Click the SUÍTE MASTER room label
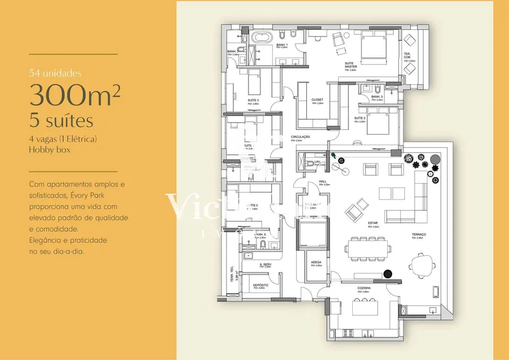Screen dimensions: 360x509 point(350,65)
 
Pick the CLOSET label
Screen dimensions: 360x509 point(317,100)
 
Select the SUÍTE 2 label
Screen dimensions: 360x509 point(359,119)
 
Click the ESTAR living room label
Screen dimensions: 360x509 point(373,223)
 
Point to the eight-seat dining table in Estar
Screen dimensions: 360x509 point(364,248)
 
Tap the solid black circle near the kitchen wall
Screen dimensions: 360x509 point(389,273)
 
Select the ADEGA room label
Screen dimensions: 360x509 point(316,262)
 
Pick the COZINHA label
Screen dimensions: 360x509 point(364,289)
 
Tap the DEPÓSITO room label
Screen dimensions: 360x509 point(261,285)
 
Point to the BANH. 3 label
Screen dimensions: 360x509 point(377,96)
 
